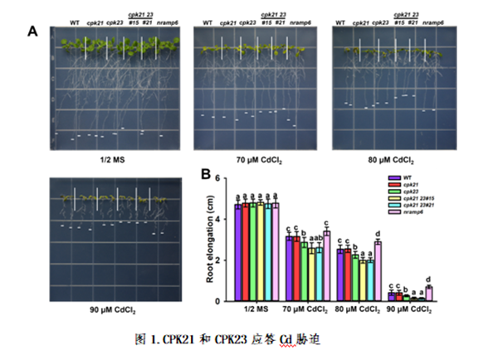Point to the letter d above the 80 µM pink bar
(378, 234)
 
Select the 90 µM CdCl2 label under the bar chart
(410, 312)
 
